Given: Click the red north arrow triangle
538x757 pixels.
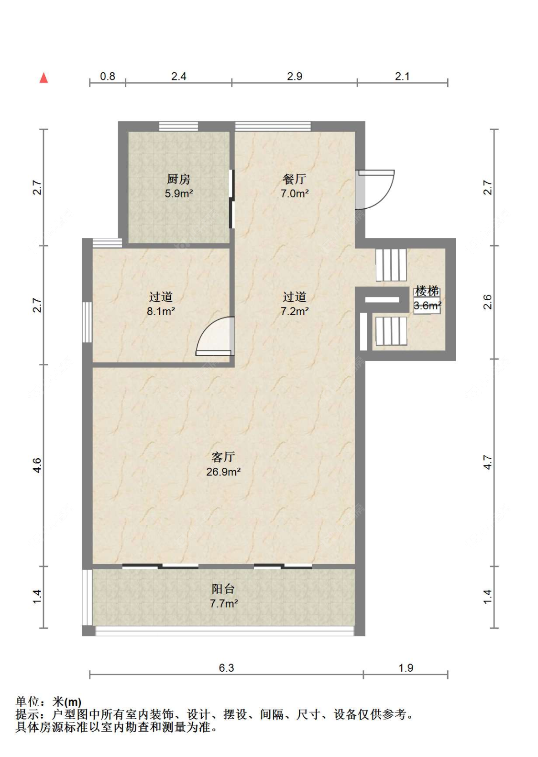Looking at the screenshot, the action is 44,78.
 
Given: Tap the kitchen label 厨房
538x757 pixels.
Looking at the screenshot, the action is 178,179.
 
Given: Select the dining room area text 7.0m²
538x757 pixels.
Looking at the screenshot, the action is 294,193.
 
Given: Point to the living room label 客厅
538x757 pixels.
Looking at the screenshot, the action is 223,457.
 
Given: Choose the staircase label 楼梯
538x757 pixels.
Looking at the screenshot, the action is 427,291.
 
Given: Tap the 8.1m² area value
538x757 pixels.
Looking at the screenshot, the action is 161,311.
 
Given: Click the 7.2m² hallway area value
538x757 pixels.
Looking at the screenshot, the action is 294,311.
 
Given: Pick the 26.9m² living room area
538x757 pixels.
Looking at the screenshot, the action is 223,472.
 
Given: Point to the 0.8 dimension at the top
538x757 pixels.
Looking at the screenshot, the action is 108,77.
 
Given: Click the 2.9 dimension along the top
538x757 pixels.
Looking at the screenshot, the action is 295,77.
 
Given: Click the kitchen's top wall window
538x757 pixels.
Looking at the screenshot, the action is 178,126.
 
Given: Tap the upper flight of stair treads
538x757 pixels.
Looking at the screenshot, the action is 391,265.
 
